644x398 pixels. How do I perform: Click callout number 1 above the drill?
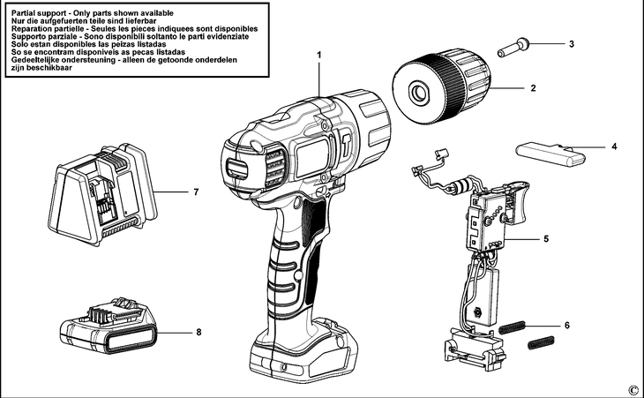point(319,55)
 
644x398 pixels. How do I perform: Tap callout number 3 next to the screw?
point(571,43)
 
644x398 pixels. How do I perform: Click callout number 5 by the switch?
point(547,238)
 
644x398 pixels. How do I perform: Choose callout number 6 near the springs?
point(566,326)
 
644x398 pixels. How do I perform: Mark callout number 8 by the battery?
point(199,333)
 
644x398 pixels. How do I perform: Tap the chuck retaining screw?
point(513,48)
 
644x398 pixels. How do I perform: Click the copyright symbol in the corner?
point(633,389)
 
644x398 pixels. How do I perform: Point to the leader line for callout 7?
point(172,191)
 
